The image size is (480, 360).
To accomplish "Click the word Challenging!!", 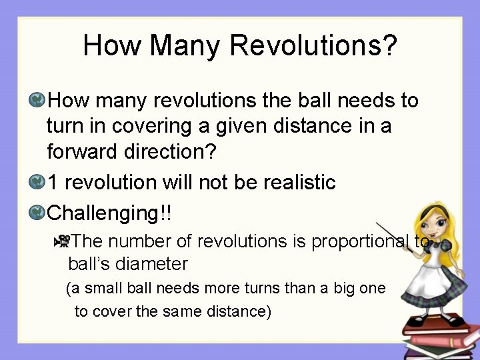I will coord(110,214).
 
